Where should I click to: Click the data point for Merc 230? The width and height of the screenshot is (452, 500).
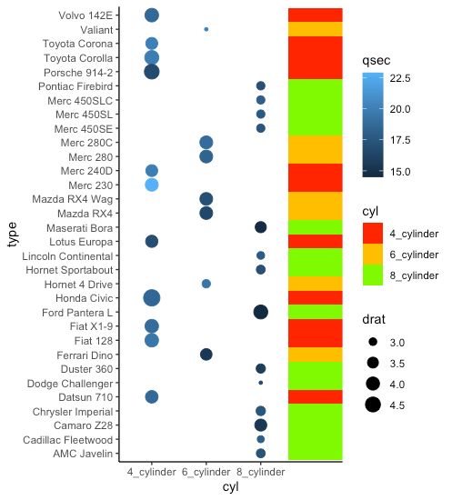pos(152,185)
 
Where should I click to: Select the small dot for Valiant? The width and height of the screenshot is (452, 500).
pos(206,29)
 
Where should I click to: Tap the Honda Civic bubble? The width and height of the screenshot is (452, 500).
pos(152,297)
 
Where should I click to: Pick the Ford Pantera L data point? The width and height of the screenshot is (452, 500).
pos(261,312)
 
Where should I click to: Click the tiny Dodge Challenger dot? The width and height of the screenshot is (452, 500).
pos(261,383)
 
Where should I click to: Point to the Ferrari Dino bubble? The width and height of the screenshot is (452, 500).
pos(206,355)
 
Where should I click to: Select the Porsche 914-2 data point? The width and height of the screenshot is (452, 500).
pos(152,72)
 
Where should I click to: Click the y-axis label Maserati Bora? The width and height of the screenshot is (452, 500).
pos(79,227)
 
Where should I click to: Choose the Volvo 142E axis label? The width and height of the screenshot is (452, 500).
pos(85,15)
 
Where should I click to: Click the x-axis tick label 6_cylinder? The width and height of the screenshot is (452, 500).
pos(206,473)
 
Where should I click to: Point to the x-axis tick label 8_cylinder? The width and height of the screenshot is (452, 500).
pos(261,473)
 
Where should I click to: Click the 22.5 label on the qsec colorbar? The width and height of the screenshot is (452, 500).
pos(400,79)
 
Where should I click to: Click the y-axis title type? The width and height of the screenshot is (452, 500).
pos(13,235)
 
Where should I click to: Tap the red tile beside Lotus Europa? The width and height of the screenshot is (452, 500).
pos(316,241)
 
